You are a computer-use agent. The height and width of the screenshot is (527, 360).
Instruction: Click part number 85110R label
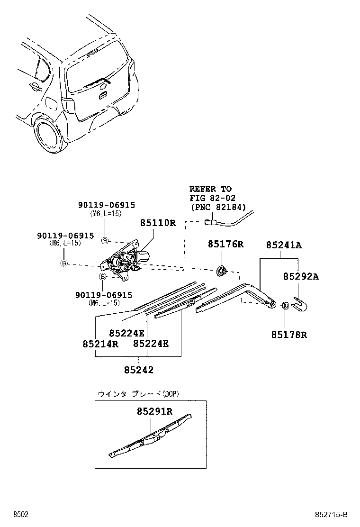[157, 223]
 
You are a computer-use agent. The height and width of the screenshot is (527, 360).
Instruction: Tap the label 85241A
[284, 245]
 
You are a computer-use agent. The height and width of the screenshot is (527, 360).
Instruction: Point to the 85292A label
[301, 276]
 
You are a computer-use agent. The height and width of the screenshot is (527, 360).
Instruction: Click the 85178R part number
[289, 335]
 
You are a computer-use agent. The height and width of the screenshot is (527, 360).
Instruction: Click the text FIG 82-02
[212, 198]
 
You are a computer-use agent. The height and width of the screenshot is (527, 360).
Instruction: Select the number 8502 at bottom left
[20, 514]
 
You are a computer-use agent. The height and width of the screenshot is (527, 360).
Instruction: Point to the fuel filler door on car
[51, 103]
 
